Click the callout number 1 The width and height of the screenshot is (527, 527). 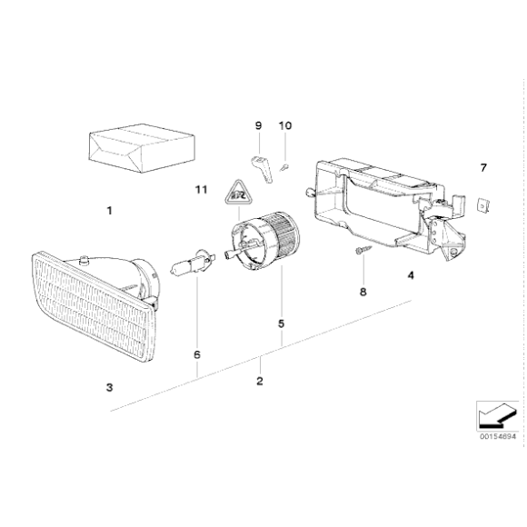[109, 211]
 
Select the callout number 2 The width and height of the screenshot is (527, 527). [259, 381]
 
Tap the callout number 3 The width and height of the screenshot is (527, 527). [109, 388]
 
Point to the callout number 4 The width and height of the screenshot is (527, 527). [411, 275]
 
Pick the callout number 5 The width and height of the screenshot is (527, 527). [281, 323]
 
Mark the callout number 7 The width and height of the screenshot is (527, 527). [483, 168]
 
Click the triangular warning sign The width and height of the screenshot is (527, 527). [237, 191]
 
